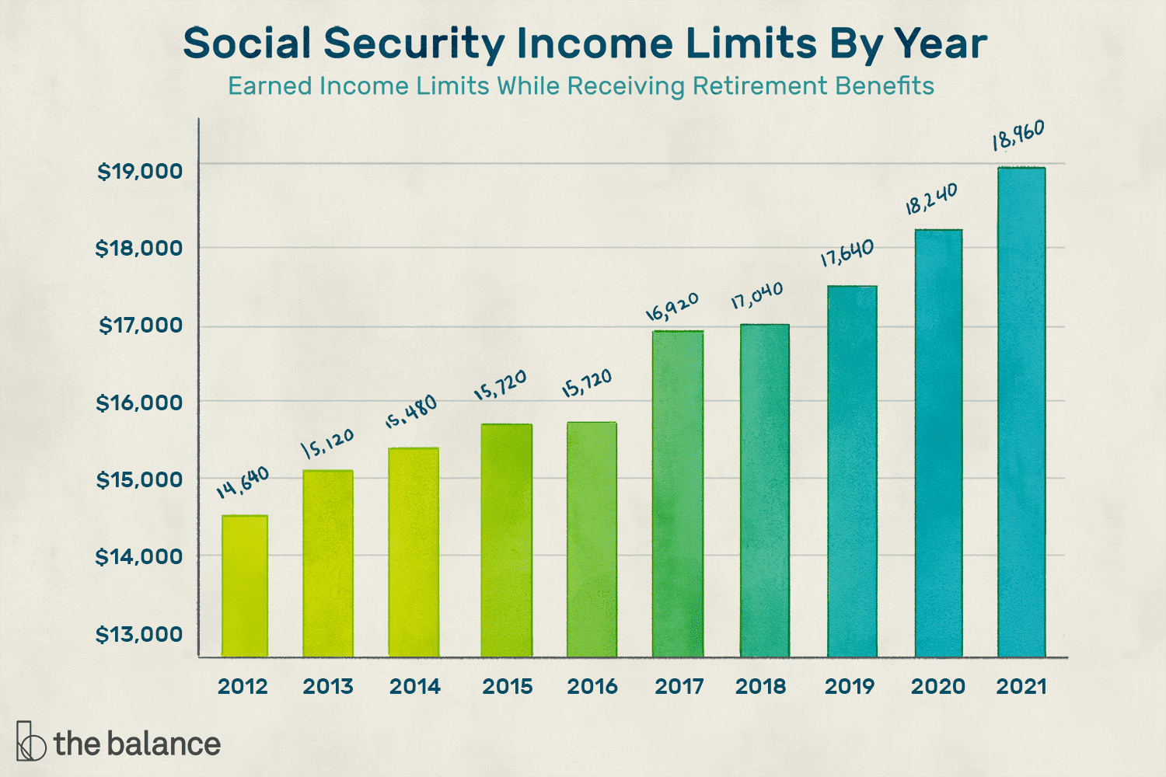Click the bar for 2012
[244, 587]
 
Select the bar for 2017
[678, 494]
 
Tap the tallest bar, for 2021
[1021, 412]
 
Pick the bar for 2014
[414, 552]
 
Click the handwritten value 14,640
[243, 483]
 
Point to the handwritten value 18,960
[1018, 135]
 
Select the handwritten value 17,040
[756, 296]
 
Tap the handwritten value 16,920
[672, 306]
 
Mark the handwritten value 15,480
[411, 412]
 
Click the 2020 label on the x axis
[937, 687]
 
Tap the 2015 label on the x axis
[507, 687]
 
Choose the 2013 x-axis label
[327, 687]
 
